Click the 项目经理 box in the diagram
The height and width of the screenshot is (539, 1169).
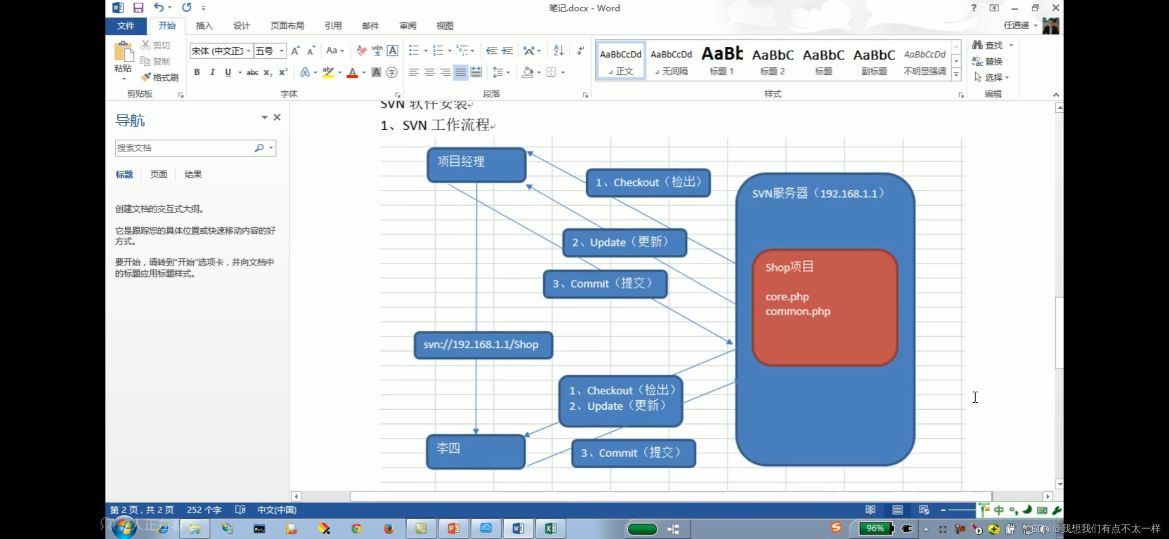pos(476,164)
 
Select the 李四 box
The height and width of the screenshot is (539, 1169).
pos(475,451)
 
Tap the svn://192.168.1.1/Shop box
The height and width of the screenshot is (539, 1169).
pos(483,345)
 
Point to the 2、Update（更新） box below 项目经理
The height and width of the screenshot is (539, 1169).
pos(624,243)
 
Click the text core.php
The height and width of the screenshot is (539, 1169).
pos(787,297)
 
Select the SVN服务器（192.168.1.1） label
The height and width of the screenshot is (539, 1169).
pos(818,194)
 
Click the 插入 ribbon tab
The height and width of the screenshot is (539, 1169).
pos(204,26)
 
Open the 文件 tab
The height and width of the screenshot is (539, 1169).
pos(125,26)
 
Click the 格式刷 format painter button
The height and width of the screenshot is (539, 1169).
pos(160,77)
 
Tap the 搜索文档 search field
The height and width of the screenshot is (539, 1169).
pos(185,148)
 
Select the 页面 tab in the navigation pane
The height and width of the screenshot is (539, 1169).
pos(158,175)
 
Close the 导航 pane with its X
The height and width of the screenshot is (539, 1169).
pos(277,117)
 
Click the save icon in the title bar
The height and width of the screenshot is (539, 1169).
pos(138,7)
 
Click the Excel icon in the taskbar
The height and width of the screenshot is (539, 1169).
pos(551,529)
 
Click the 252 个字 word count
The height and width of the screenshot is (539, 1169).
pos(204,510)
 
